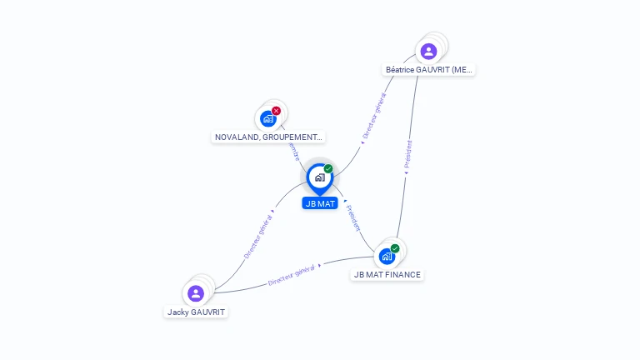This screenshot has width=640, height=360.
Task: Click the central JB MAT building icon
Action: pyautogui.click(x=319, y=177)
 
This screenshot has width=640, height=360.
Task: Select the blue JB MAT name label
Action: pyautogui.click(x=320, y=203)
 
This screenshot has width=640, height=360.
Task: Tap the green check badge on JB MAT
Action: pyautogui.click(x=328, y=169)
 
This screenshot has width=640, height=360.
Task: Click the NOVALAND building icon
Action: pyautogui.click(x=267, y=119)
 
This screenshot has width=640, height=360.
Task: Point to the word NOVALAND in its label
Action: pyautogui.click(x=236, y=137)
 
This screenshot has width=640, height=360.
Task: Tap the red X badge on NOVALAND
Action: pyautogui.click(x=277, y=111)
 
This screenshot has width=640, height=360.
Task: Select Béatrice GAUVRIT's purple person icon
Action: pyautogui.click(x=428, y=52)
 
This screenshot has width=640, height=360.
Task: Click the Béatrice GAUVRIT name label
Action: pyautogui.click(x=429, y=70)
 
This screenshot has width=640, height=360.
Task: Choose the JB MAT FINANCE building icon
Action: pyautogui.click(x=387, y=256)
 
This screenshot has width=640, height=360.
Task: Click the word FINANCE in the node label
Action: pyautogui.click(x=402, y=274)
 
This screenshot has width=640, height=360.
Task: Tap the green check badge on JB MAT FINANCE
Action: pyautogui.click(x=395, y=248)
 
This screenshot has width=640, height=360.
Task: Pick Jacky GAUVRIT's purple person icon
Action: pyautogui.click(x=196, y=293)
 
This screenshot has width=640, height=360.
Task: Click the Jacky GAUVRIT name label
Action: pyautogui.click(x=196, y=312)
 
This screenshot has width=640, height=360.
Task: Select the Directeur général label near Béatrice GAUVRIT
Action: pyautogui.click(x=374, y=116)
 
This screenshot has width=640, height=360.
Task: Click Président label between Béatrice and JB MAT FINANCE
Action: pyautogui.click(x=407, y=154)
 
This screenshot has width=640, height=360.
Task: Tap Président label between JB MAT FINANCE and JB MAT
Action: pyautogui.click(x=353, y=217)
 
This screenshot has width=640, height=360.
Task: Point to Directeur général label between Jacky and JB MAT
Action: pyautogui.click(x=257, y=236)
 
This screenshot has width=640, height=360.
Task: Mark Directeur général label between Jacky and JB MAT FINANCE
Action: pyautogui.click(x=292, y=277)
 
